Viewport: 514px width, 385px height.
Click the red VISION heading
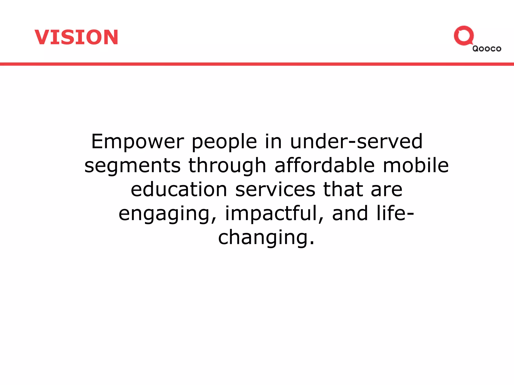pyautogui.click(x=76, y=37)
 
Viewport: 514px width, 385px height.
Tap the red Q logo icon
pyautogui.click(x=464, y=36)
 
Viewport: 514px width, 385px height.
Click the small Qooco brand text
pyautogui.click(x=487, y=49)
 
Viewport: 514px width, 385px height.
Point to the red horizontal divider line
pyautogui.click(x=257, y=64)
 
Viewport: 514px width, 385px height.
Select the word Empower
pyautogui.click(x=138, y=142)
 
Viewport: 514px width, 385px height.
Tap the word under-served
pyautogui.click(x=356, y=142)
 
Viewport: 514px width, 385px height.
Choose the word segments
pyautogui.click(x=132, y=166)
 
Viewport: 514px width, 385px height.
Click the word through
pyautogui.click(x=227, y=166)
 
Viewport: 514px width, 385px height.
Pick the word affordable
pyautogui.click(x=325, y=165)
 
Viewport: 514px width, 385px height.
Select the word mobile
pyautogui.click(x=416, y=165)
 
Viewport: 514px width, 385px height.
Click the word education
pyautogui.click(x=179, y=189)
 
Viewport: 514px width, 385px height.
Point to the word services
pyautogui.click(x=275, y=189)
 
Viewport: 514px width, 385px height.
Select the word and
pyautogui.click(x=350, y=213)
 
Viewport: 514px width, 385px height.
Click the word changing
pyautogui.click(x=266, y=238)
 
